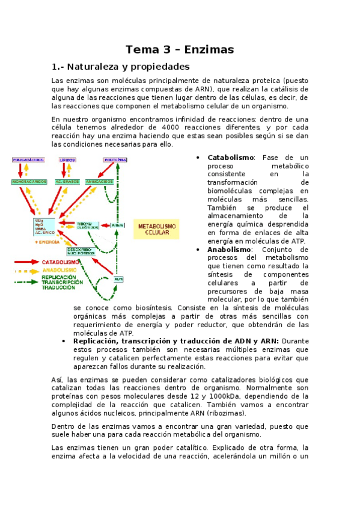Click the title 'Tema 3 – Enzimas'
[180, 49]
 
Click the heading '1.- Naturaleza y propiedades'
[121, 66]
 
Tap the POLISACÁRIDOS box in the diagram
[28, 160]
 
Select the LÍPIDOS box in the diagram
[67, 160]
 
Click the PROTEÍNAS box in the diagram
[115, 160]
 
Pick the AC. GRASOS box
[67, 181]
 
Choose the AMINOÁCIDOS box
[100, 181]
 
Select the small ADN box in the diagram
[118, 279]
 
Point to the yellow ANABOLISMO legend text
[59, 270]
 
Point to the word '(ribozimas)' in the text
[222, 414]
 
